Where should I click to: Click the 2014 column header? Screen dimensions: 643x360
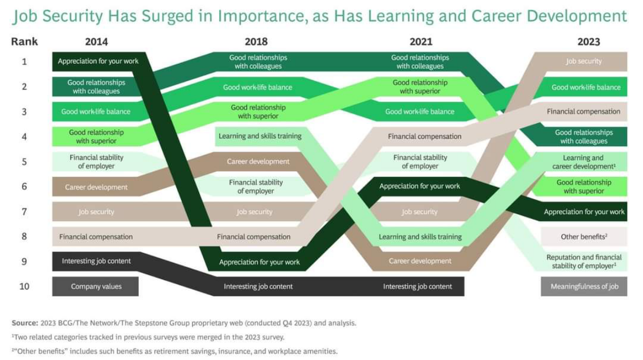[96, 42]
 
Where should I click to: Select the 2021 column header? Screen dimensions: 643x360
[421, 42]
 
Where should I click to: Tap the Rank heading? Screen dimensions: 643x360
[25, 42]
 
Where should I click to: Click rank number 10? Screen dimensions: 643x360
[25, 287]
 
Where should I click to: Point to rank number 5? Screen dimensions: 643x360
[25, 162]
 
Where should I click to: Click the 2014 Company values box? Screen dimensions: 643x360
[95, 287]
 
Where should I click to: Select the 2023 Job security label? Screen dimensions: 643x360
[584, 62]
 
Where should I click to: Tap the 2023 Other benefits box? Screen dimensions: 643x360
[584, 237]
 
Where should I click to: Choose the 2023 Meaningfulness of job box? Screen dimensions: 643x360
[584, 287]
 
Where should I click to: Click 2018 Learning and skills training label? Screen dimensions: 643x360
[260, 136]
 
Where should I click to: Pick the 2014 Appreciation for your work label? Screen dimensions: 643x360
[98, 61]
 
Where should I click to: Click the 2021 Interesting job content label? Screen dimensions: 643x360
[417, 287]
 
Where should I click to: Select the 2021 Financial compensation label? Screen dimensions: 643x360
[424, 137]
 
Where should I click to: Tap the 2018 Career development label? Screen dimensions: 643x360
[258, 162]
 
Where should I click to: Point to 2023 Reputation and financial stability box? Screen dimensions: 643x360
[584, 261]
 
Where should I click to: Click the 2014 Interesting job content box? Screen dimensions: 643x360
[96, 261]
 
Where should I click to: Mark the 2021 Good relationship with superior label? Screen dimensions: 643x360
[420, 87]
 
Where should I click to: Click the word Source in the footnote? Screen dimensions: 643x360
[25, 323]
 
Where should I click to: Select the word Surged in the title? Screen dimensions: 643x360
[167, 16]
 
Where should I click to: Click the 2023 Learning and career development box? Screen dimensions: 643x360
[584, 162]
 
